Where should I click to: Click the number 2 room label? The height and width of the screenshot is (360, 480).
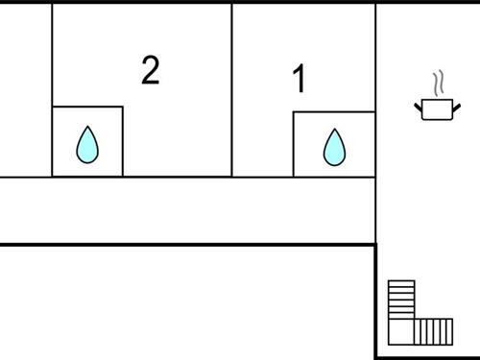point(150,70)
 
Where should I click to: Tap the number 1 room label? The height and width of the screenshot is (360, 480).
point(299,80)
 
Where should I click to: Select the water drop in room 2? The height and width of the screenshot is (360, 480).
point(87,145)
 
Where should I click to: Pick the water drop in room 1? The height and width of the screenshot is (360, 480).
point(334,147)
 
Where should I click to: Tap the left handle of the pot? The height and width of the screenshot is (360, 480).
point(418,103)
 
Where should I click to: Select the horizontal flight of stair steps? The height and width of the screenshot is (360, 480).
point(434,331)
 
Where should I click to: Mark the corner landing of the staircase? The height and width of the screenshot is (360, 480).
point(401,332)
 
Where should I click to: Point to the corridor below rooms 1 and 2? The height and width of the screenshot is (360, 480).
point(187,210)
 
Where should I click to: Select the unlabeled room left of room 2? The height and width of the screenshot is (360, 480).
point(25,91)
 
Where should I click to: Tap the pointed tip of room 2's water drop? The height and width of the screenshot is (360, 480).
point(87,129)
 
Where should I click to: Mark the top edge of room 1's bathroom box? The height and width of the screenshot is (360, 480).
point(334,112)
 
